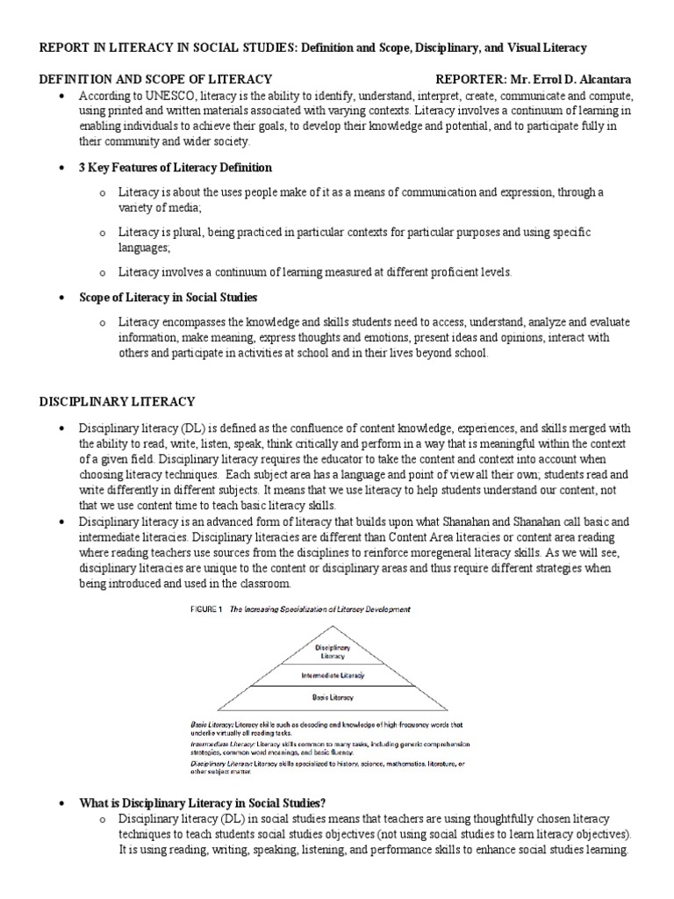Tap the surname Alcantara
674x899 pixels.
pyautogui.click(x=602, y=79)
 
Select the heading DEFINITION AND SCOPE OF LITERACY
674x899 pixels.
pyautogui.click(x=155, y=79)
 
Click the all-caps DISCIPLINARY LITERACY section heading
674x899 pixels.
pyautogui.click(x=117, y=401)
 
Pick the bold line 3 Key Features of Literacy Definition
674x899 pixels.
pyautogui.click(x=176, y=167)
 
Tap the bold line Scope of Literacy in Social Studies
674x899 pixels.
pyautogui.click(x=168, y=298)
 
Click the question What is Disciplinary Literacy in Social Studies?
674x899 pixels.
pyautogui.click(x=203, y=803)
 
